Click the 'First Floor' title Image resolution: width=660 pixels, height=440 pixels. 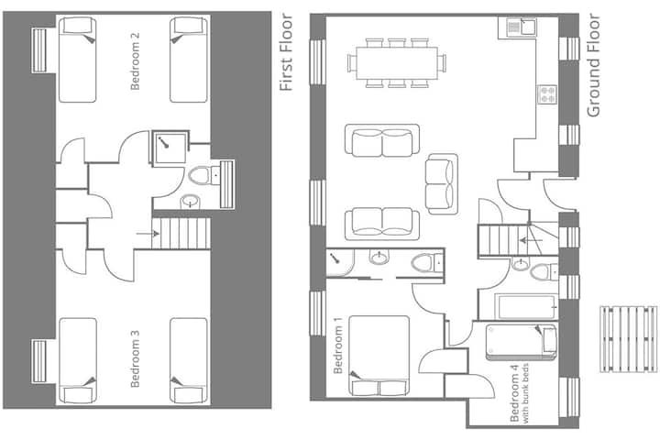(x=286, y=52)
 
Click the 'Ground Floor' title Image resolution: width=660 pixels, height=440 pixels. (x=593, y=65)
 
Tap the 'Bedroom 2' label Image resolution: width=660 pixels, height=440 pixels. (x=135, y=61)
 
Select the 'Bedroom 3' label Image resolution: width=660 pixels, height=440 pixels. (x=135, y=358)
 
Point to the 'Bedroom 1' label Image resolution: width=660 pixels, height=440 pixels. (x=338, y=346)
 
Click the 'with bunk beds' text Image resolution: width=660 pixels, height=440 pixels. (x=525, y=393)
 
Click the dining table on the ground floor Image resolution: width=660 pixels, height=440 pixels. (x=397, y=63)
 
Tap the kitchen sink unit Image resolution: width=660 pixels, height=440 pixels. (x=517, y=27)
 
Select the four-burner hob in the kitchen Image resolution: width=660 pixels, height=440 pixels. (x=547, y=94)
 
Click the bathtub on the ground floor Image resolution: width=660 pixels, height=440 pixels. (x=526, y=306)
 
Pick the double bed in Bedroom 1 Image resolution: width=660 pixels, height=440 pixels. (x=379, y=356)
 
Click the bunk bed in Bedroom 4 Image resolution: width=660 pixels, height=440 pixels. (x=522, y=342)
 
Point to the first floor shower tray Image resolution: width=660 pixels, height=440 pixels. (x=170, y=148)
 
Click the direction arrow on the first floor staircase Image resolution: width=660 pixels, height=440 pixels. (x=148, y=233)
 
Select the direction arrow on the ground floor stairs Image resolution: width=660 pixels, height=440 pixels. (x=531, y=241)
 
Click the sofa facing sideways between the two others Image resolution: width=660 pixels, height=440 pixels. (x=441, y=184)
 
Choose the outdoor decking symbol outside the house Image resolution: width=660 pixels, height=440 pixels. (x=629, y=339)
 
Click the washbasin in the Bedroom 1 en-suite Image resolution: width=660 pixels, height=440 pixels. (x=379, y=257)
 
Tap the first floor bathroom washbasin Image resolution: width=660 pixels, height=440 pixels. (x=191, y=202)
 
